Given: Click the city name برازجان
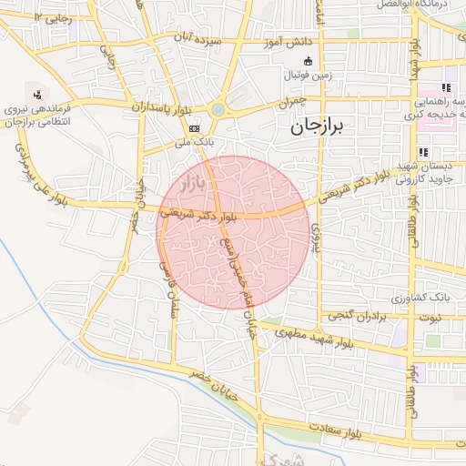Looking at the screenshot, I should click(319, 128).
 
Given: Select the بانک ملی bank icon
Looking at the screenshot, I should click(194, 129).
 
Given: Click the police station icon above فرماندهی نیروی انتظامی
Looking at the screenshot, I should click(37, 94).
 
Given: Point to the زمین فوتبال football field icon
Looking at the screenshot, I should click(308, 61).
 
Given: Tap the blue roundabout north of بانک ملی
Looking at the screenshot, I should click(218, 110).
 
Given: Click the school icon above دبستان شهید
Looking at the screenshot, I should click(421, 152).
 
